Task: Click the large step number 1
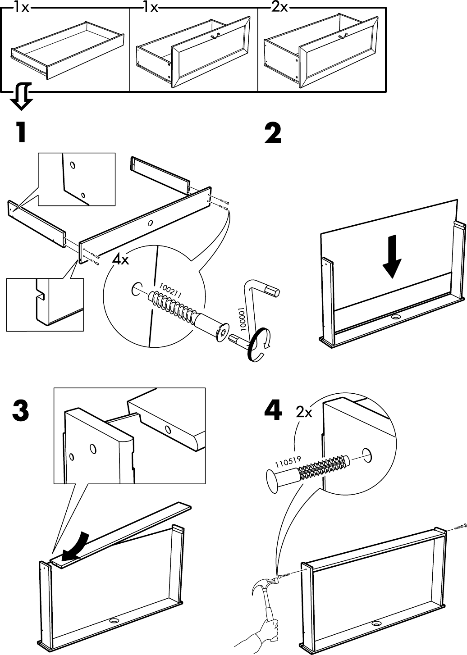pyautogui.click(x=20, y=132)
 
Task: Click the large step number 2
pyautogui.click(x=273, y=133)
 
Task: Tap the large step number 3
pyautogui.click(x=21, y=411)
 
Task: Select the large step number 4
pyautogui.click(x=273, y=411)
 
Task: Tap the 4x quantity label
pyautogui.click(x=121, y=260)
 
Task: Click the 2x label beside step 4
pyautogui.click(x=304, y=412)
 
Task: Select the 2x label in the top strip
pyautogui.click(x=279, y=8)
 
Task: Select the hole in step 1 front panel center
pyautogui.click(x=150, y=223)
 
